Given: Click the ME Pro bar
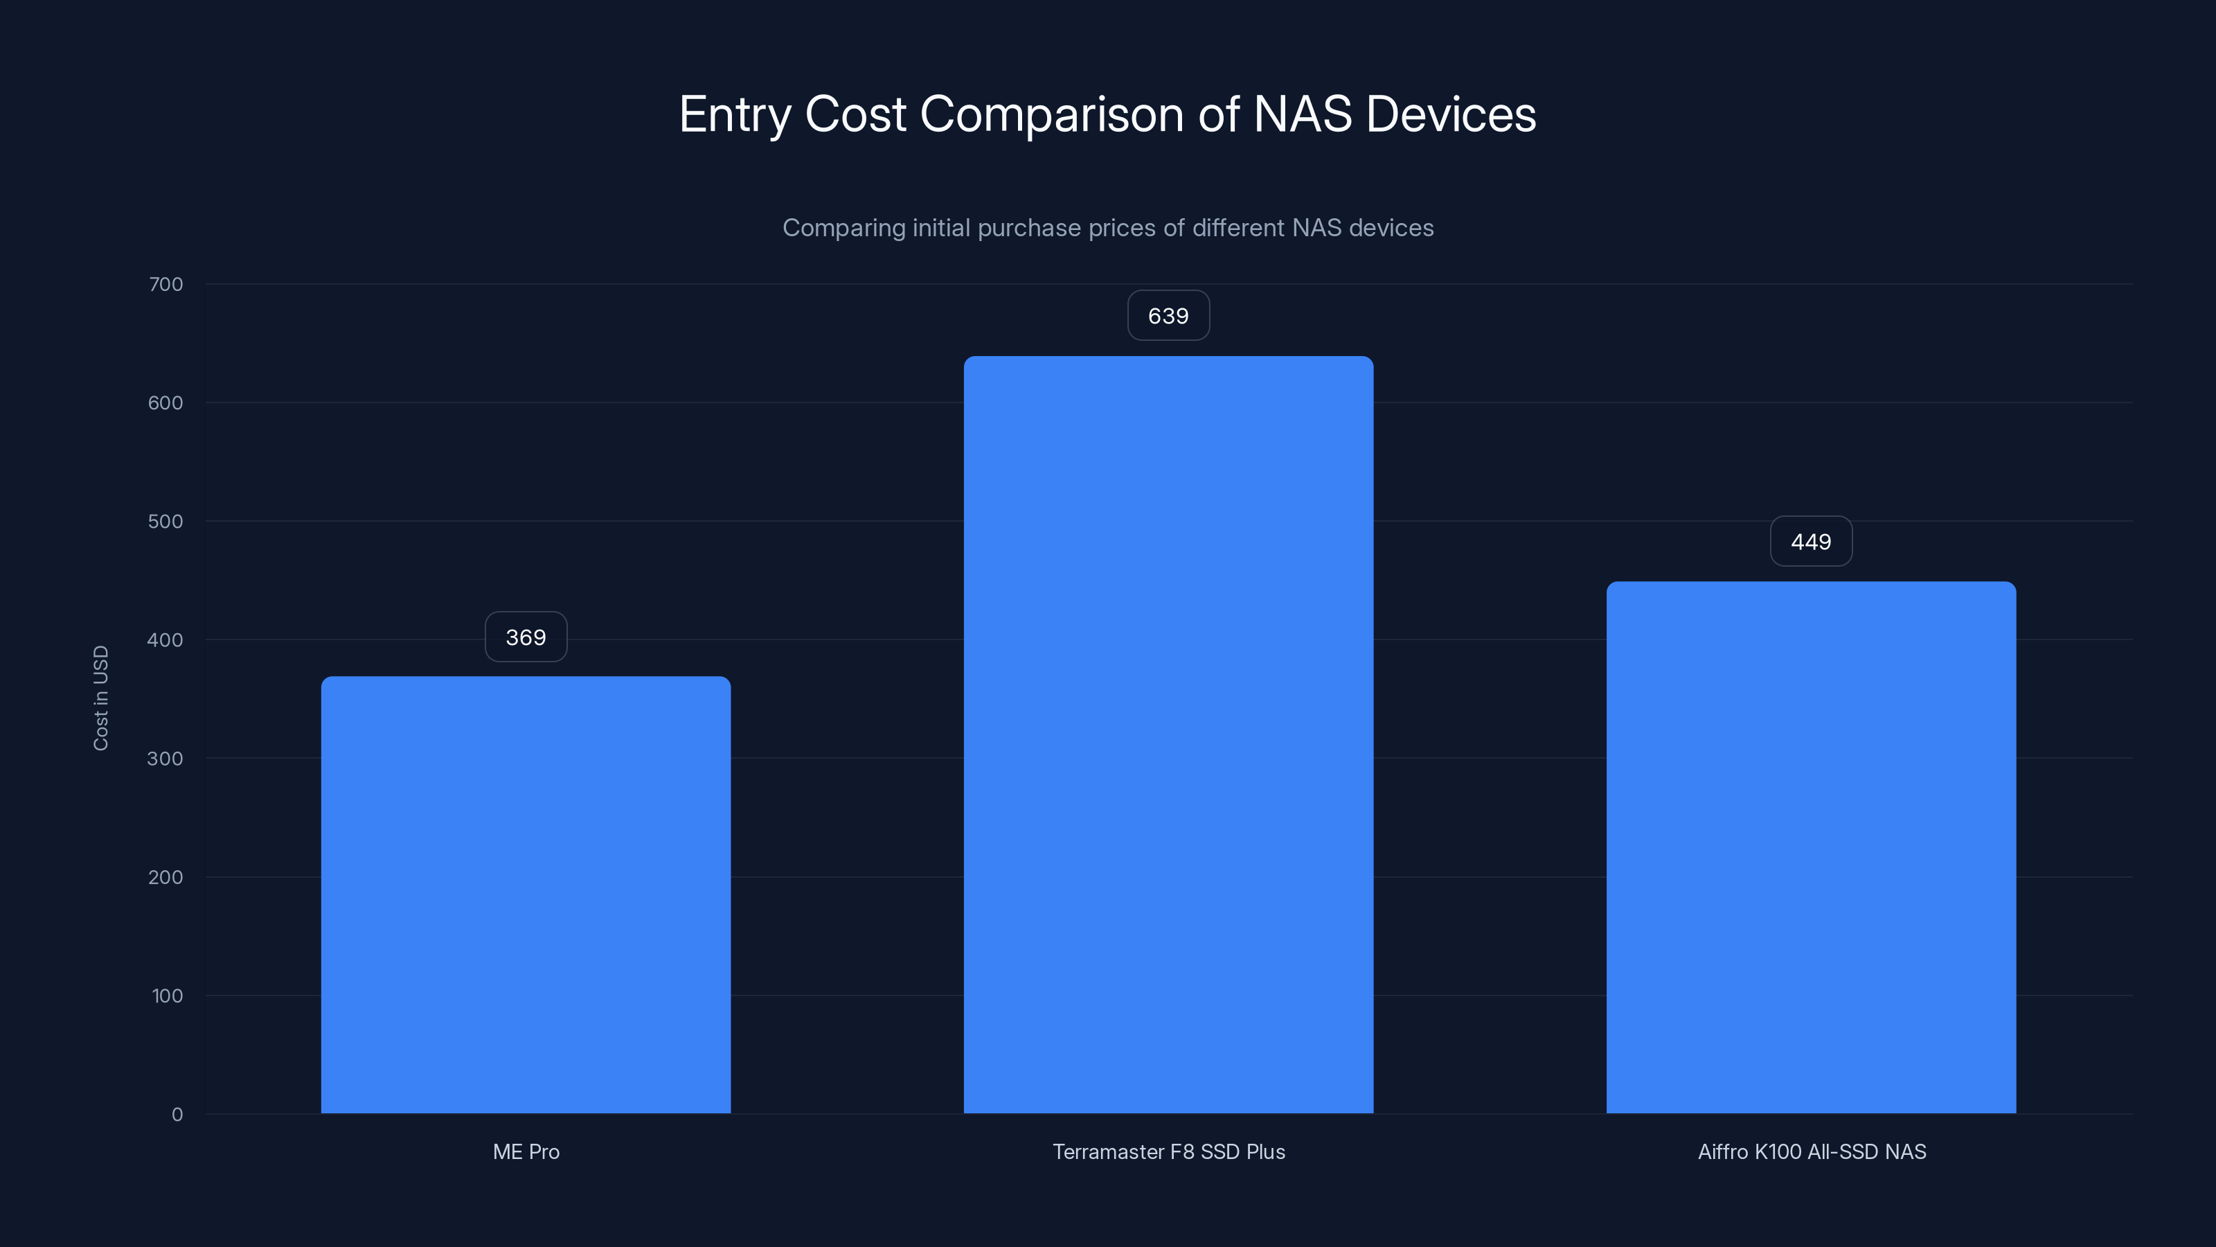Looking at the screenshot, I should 526,895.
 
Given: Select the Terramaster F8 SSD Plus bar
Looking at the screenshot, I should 1168,735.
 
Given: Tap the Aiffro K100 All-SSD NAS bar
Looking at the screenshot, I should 1811,848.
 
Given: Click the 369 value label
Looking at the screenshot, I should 526,637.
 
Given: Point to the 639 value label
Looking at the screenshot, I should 1168,316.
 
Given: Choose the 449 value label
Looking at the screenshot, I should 1811,541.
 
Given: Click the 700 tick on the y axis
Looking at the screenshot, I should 166,284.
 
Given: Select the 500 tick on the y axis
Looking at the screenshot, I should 166,522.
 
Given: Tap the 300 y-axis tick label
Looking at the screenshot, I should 166,758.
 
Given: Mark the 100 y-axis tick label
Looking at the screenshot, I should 168,996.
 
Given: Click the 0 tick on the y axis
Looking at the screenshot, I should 177,1115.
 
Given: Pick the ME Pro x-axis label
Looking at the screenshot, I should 526,1151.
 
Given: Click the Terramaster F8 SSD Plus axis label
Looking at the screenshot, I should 1168,1151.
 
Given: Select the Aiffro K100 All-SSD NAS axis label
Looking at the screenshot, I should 1812,1151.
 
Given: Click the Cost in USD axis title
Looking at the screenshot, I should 100,698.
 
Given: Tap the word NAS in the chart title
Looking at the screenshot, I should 1302,114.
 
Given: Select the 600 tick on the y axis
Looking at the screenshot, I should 166,403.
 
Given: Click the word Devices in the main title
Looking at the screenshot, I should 1450,114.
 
